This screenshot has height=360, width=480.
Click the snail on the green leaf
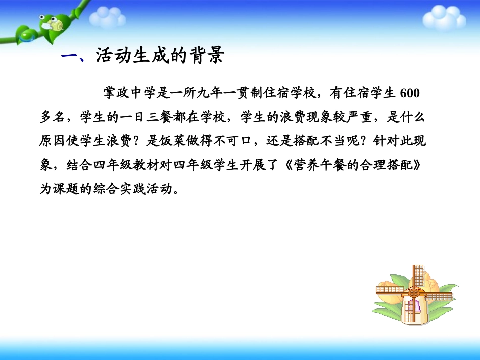(50, 23)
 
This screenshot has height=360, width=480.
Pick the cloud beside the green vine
(107, 19)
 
